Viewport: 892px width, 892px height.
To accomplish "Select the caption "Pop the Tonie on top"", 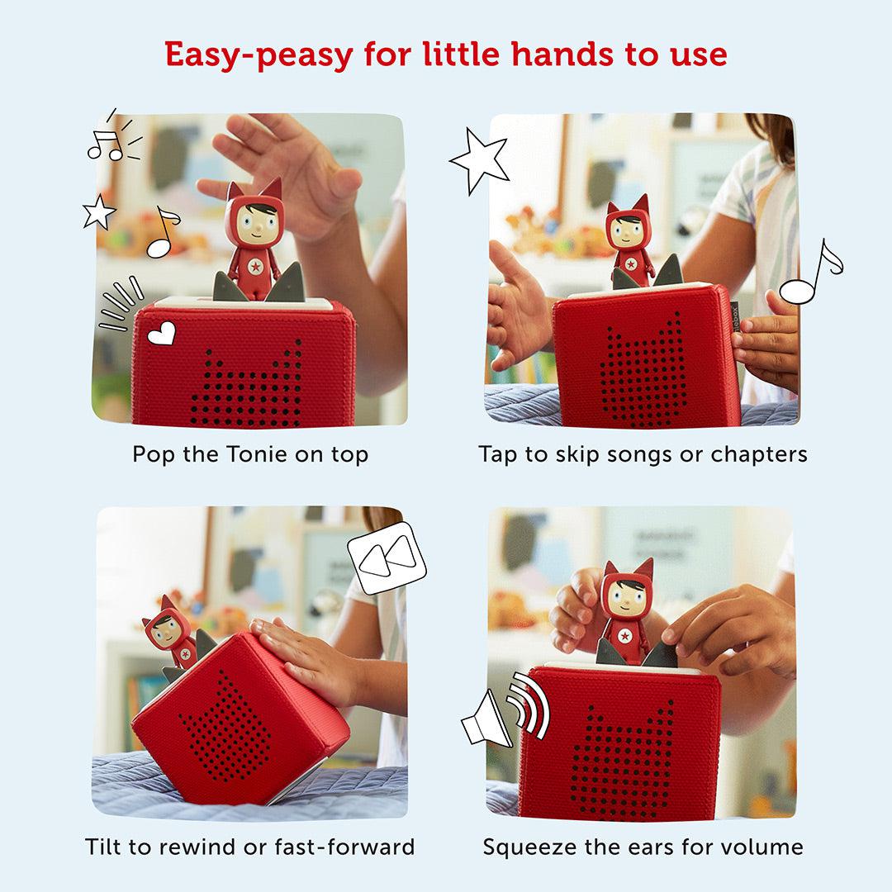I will pyautogui.click(x=250, y=454).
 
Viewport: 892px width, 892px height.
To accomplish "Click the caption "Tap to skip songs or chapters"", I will pyautogui.click(x=643, y=454).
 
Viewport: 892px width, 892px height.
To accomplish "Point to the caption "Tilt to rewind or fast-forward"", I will pyautogui.click(x=249, y=847).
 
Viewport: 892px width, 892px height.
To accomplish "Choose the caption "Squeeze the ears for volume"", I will pyautogui.click(x=643, y=847).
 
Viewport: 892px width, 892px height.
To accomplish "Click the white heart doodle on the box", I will pyautogui.click(x=162, y=334).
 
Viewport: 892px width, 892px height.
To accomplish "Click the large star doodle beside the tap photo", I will pyautogui.click(x=478, y=161).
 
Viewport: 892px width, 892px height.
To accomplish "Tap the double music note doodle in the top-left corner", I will pyautogui.click(x=111, y=140).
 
